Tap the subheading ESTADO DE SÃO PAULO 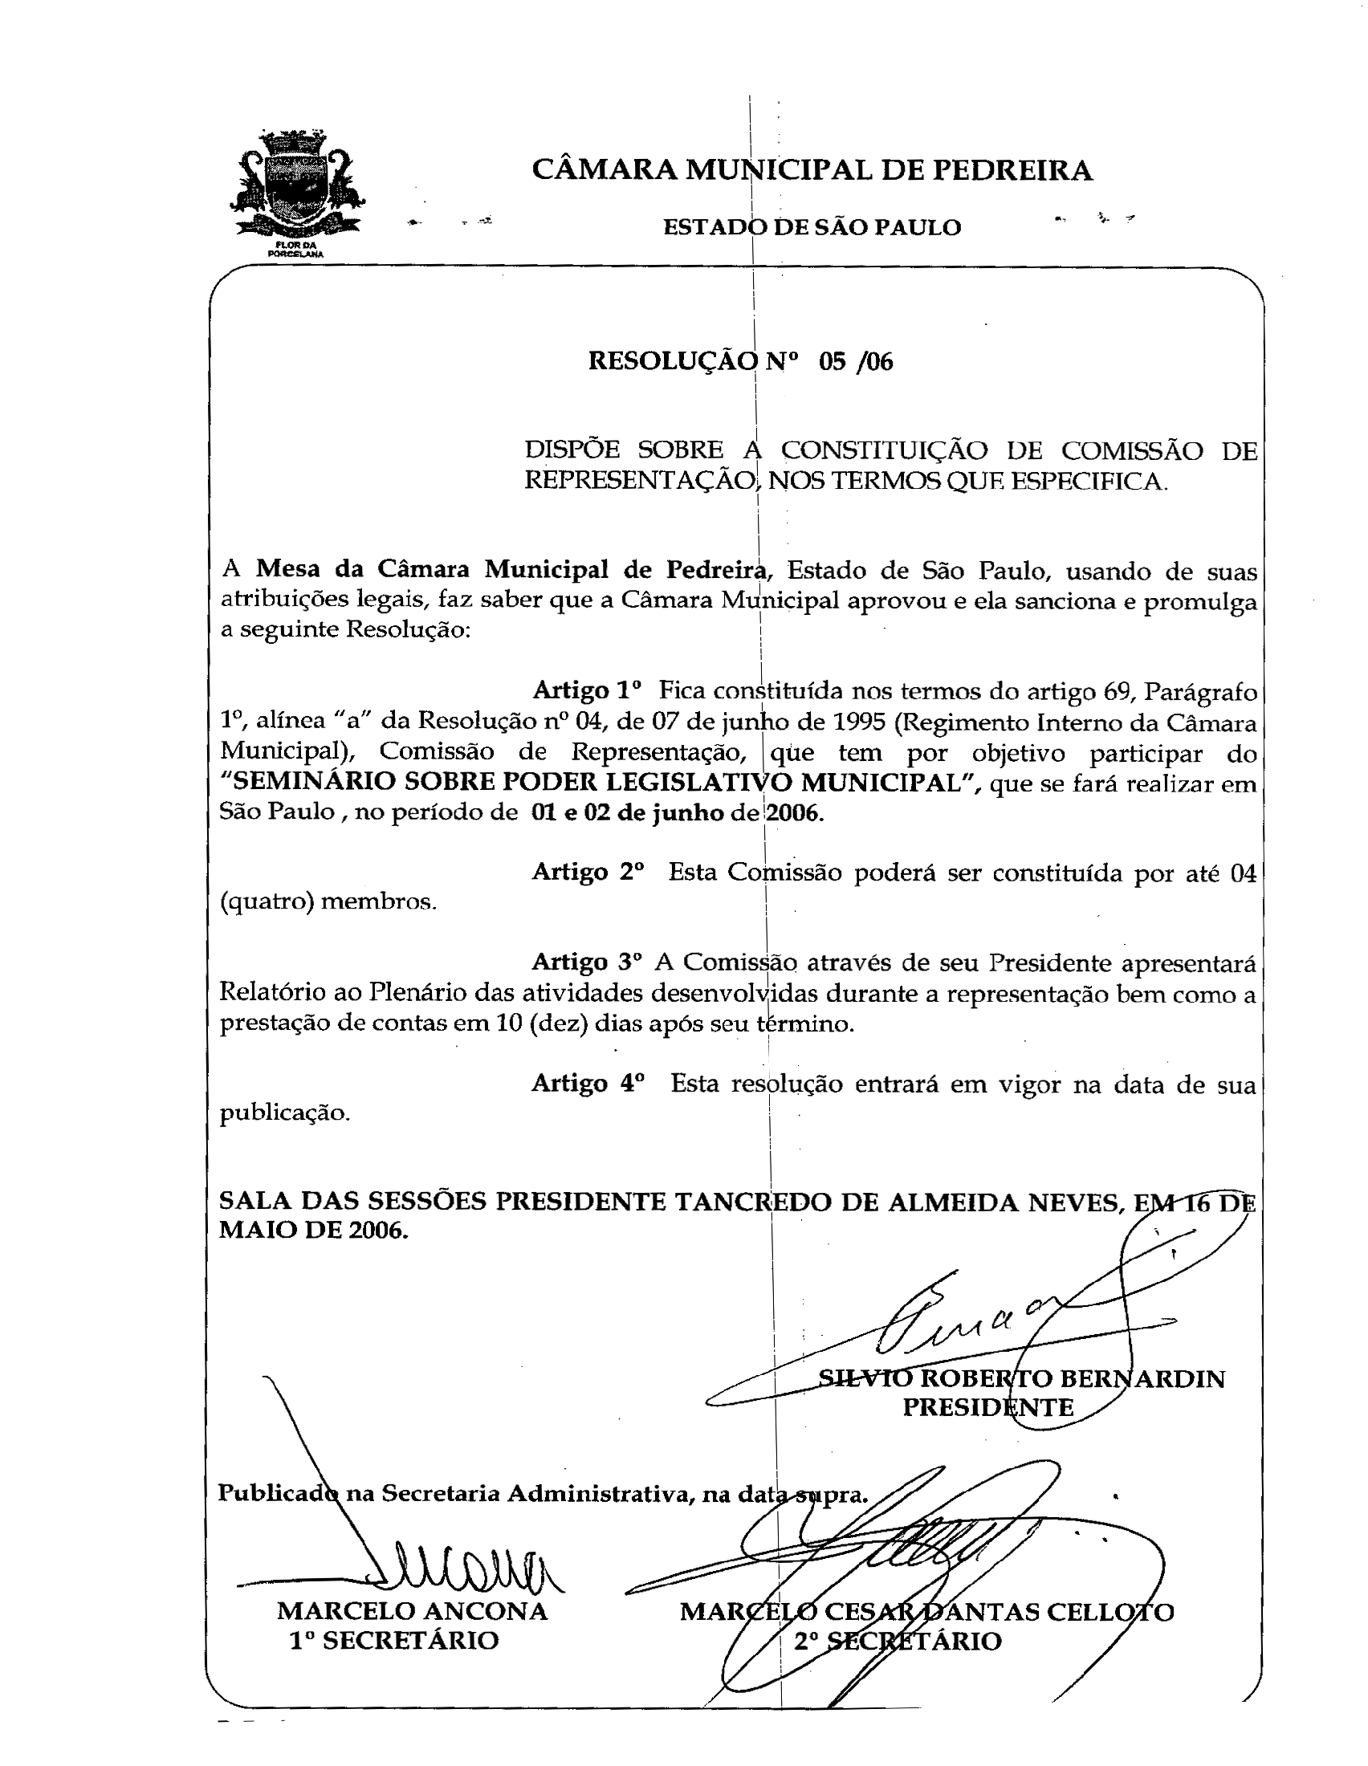[812, 228]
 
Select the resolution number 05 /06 [856, 361]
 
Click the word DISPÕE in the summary [572, 450]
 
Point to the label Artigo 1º [587, 690]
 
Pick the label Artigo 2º [588, 872]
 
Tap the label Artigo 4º [588, 1084]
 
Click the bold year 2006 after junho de [795, 812]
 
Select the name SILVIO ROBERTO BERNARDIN [1022, 1378]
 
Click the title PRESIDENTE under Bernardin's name [988, 1408]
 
